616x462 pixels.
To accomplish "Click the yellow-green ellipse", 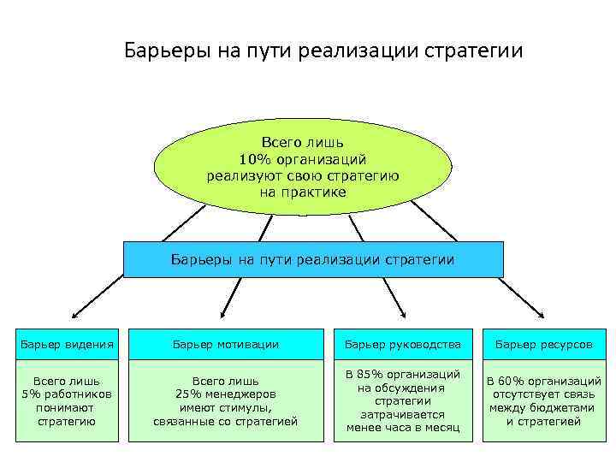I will click(x=302, y=166).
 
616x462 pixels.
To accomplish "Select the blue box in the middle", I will click(x=313, y=259).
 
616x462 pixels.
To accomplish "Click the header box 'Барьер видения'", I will click(x=67, y=344).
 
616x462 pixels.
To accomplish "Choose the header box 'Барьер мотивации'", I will click(x=226, y=344).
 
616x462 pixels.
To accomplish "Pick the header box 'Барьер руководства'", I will click(x=402, y=344).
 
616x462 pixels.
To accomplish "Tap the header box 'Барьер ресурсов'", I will click(x=543, y=344).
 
